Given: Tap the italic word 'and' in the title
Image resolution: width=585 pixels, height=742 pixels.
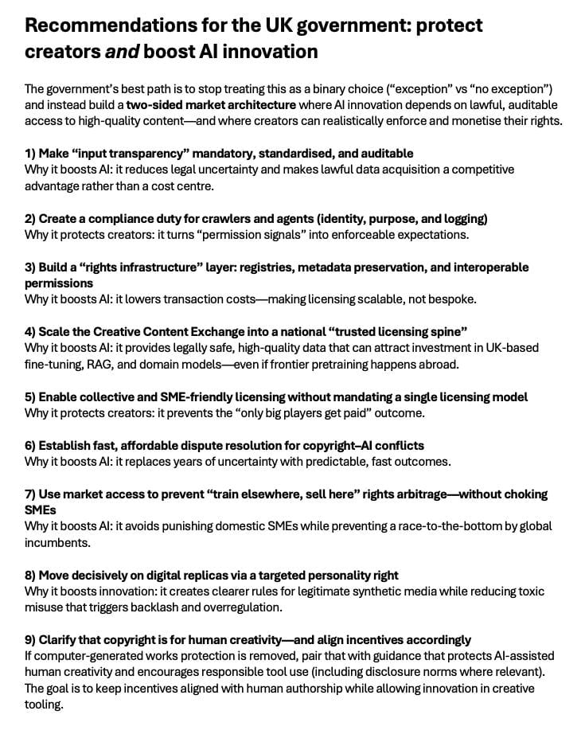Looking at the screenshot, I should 117,52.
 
